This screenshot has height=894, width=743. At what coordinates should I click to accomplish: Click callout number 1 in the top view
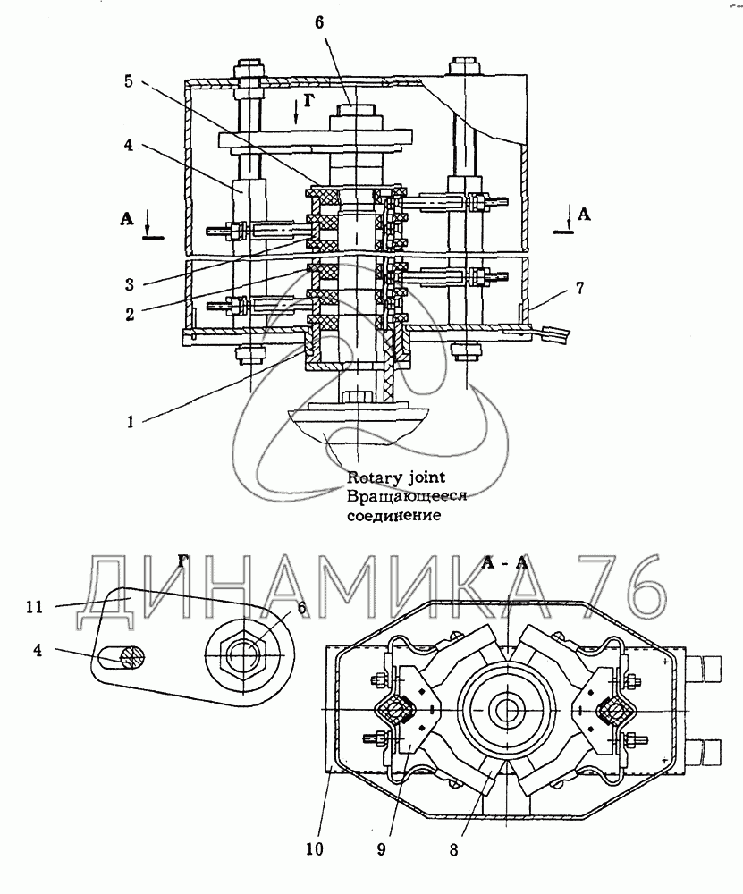[x=130, y=423]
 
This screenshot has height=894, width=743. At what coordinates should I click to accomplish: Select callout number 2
[x=130, y=314]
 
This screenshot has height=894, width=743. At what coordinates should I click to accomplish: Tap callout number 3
[x=130, y=284]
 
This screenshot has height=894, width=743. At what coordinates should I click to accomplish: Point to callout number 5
[x=128, y=81]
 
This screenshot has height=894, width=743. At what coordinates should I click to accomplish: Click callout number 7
[x=579, y=288]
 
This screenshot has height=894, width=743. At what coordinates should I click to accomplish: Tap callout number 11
[x=34, y=607]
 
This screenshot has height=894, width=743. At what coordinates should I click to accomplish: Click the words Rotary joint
[x=396, y=477]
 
